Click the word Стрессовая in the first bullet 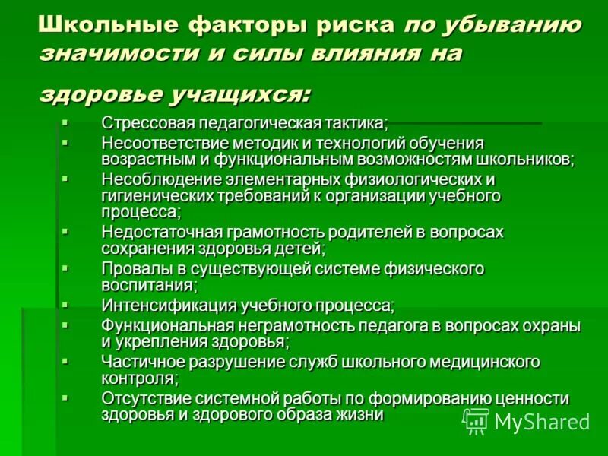[x=144, y=123]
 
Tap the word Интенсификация [x=169, y=306]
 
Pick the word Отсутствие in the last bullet [x=141, y=398]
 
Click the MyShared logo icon [x=476, y=420]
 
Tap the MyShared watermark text [x=543, y=422]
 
